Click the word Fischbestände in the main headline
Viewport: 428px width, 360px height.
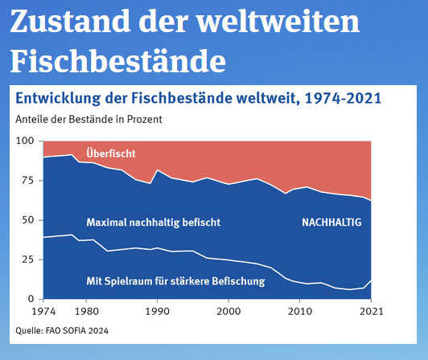coord(118,60)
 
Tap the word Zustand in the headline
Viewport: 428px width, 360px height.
coord(70,21)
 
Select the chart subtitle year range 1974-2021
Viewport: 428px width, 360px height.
coord(343,98)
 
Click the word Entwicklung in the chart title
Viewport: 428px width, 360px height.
coord(58,99)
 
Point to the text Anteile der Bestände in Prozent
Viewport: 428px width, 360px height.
coord(88,120)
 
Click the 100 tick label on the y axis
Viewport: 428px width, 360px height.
coord(25,141)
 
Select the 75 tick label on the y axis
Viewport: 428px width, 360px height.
coord(28,180)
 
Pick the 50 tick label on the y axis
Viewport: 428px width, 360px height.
coord(28,220)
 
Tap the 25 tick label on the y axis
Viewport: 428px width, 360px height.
coord(28,260)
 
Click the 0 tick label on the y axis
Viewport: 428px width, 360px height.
coord(31,299)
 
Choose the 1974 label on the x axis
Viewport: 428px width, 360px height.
coord(43,312)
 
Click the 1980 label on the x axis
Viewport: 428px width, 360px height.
coord(87,312)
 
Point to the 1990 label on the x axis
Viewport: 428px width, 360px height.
coord(157,312)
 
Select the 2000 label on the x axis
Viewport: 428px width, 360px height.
coord(228,312)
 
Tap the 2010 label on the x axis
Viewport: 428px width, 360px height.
coord(300,312)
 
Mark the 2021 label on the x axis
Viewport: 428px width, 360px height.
coord(371,312)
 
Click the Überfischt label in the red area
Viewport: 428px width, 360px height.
coord(111,153)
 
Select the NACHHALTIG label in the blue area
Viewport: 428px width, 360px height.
coord(331,223)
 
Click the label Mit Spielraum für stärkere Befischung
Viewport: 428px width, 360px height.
coord(175,281)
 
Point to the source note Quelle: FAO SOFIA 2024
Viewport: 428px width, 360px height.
coord(62,330)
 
